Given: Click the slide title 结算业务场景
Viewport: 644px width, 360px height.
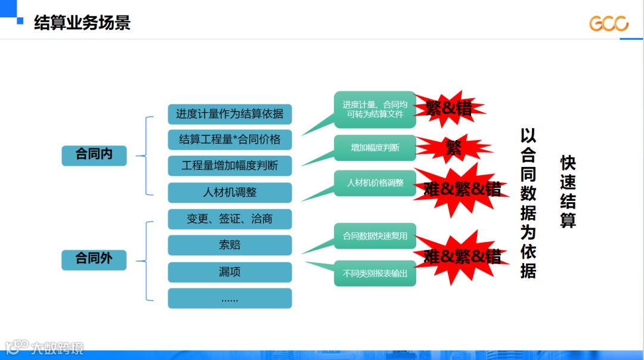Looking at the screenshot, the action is (x=82, y=23).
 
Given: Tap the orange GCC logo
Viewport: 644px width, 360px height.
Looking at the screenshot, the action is (x=609, y=23).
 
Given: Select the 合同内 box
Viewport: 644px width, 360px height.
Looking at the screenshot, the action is (x=94, y=154).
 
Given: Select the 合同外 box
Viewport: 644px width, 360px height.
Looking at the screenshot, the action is (x=94, y=259).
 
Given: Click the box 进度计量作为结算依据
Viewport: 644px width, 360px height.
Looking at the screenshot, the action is (x=230, y=113).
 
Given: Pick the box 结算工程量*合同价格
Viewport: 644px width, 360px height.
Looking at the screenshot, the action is (x=230, y=139).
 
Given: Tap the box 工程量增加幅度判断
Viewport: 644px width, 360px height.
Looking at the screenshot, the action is (x=230, y=166).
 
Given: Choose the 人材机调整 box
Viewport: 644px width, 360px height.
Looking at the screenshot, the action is (x=230, y=193).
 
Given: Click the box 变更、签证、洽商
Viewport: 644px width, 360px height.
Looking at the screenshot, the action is (x=230, y=219).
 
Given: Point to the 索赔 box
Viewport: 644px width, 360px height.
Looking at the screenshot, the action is (x=230, y=245).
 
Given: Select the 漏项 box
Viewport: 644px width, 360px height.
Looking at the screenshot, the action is (x=230, y=272).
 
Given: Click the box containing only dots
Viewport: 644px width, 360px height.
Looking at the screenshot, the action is (x=230, y=298).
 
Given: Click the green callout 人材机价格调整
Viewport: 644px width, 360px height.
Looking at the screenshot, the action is (x=375, y=183).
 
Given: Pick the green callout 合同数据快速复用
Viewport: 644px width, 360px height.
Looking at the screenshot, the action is (x=375, y=236).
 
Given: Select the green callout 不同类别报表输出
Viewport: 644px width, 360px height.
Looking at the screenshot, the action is (x=375, y=274).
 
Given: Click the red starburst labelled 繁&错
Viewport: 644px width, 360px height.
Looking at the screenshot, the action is (x=448, y=108).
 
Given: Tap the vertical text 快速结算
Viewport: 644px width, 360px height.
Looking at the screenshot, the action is (x=568, y=192).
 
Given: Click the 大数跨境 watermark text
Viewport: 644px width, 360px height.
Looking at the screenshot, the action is (x=57, y=347).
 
